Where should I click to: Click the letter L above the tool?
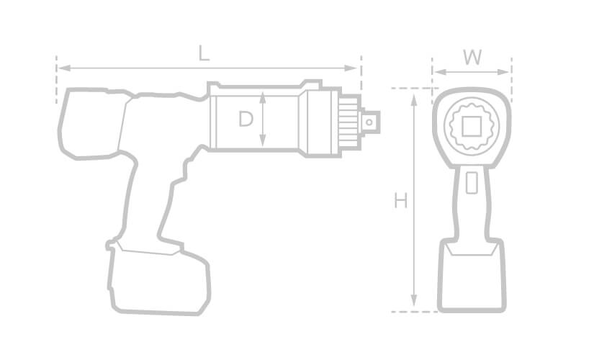click(x=204, y=53)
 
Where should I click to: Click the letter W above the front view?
click(x=472, y=58)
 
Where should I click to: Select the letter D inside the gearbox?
click(x=246, y=120)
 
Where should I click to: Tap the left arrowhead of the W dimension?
click(x=436, y=72)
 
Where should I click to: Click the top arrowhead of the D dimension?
click(x=264, y=96)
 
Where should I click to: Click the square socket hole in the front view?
click(x=472, y=127)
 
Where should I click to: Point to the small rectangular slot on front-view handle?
click(x=472, y=183)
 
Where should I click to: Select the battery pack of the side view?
click(x=158, y=281)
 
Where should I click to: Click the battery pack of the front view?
click(x=472, y=277)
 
